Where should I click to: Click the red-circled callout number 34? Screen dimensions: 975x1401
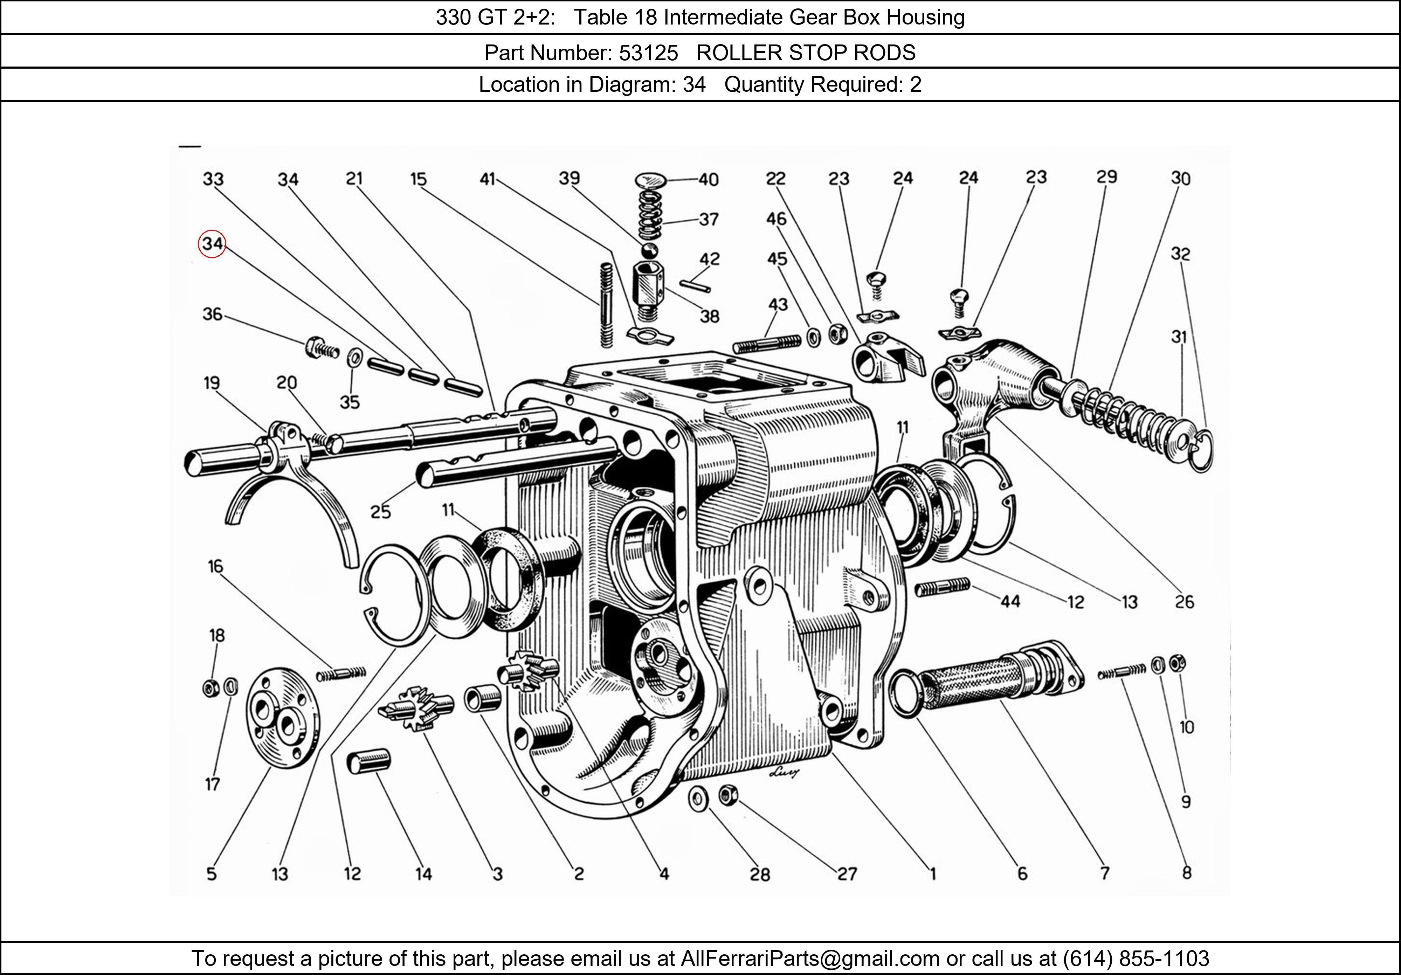click(x=212, y=244)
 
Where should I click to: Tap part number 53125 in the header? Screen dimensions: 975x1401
click(x=648, y=53)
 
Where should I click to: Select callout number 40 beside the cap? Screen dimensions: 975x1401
click(x=709, y=179)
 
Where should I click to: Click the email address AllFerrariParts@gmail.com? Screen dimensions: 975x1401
click(x=810, y=959)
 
